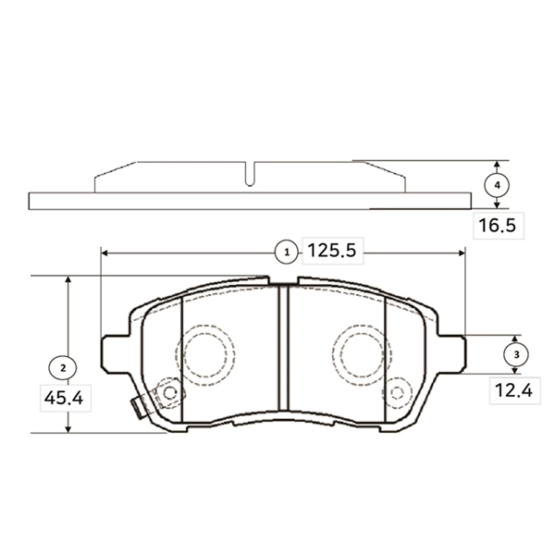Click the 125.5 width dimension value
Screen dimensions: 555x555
[x=332, y=251]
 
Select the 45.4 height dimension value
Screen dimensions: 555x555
[x=64, y=398]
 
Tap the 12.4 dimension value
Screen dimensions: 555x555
[x=513, y=390]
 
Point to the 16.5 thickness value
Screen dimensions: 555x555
[x=498, y=226]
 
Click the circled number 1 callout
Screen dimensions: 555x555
[x=287, y=253]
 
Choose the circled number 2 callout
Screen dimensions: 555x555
[x=63, y=368]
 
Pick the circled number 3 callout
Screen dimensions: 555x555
[x=516, y=354]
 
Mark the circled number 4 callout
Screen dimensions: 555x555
[x=498, y=185]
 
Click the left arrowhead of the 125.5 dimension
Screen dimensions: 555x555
[x=104, y=253]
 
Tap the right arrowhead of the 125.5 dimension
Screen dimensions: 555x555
[x=462, y=253]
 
